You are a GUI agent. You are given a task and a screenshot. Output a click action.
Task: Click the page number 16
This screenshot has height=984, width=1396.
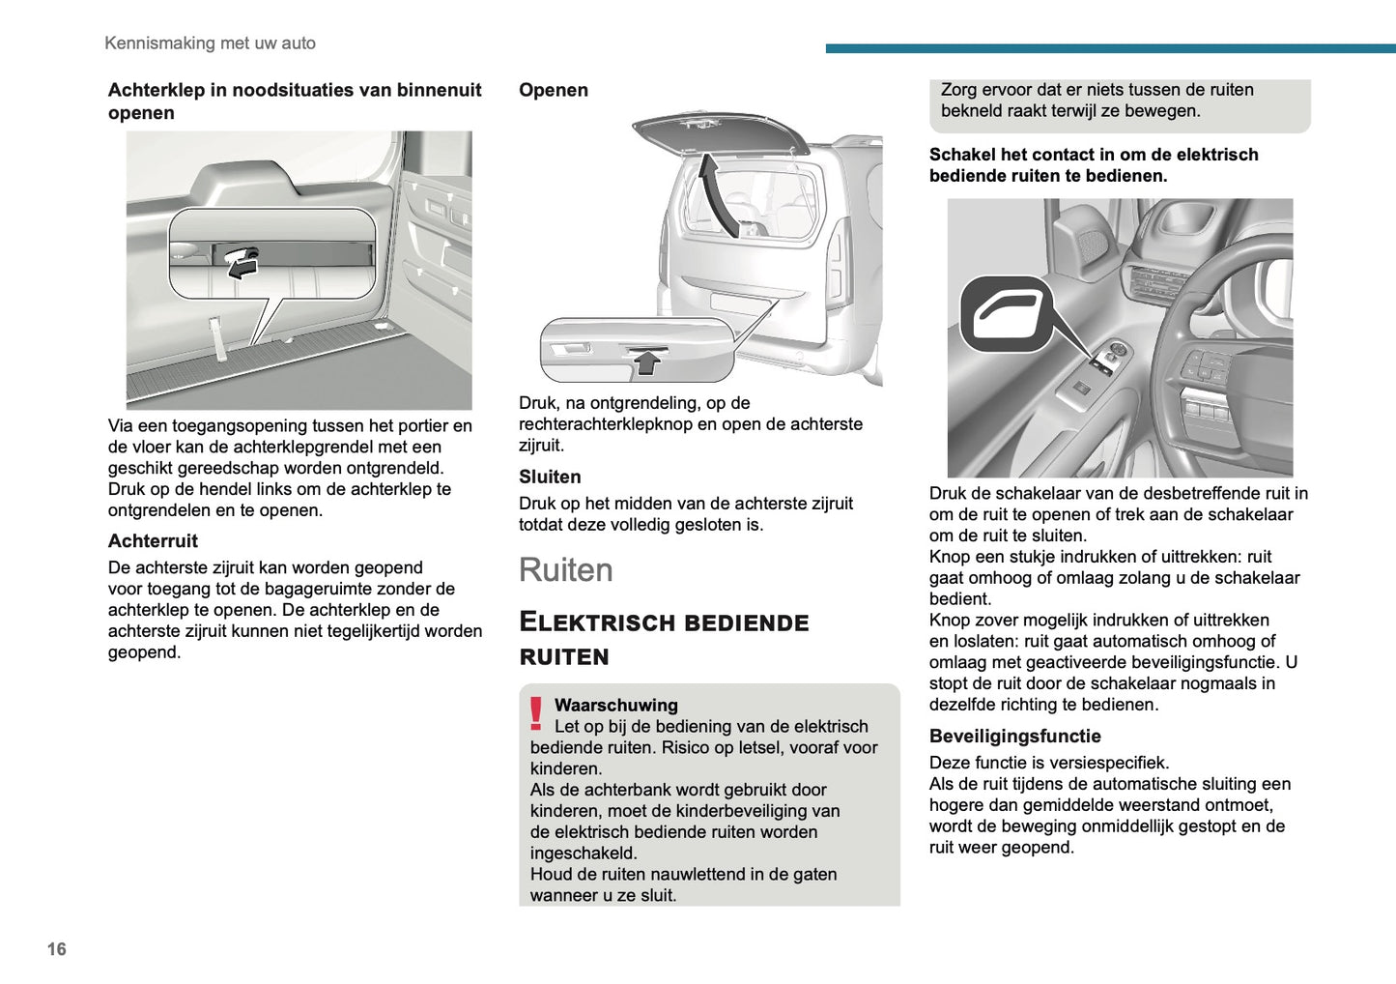[57, 948]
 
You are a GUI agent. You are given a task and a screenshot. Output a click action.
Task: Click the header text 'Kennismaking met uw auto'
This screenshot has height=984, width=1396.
[210, 43]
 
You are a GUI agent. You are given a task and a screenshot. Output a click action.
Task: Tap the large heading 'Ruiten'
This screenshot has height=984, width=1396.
[565, 569]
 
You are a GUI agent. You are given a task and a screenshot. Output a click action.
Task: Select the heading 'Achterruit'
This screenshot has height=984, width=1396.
[153, 540]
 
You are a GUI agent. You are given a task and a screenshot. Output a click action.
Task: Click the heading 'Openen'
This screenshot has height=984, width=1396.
[553, 90]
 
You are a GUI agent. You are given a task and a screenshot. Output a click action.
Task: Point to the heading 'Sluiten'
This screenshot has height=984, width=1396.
[550, 477]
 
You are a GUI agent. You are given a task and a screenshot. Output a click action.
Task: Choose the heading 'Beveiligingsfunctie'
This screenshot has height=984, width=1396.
[1014, 736]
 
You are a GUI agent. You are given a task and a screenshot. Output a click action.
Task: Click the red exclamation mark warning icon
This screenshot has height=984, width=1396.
[536, 713]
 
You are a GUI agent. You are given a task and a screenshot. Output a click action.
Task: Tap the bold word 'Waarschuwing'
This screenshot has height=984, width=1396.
[615, 705]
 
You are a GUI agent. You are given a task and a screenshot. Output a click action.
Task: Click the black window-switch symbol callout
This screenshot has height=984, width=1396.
[1006, 314]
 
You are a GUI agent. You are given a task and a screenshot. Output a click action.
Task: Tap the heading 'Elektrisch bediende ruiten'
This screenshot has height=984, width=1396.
[664, 639]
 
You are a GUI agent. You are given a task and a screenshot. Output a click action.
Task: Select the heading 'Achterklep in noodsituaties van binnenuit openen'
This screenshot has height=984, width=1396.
[295, 101]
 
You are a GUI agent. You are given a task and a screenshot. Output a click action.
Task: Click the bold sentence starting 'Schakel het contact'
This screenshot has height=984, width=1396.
[1094, 164]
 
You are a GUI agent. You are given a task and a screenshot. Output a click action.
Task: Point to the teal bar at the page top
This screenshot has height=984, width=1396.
[1110, 48]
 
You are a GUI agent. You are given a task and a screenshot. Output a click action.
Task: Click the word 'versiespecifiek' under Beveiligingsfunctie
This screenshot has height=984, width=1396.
[1110, 763]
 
